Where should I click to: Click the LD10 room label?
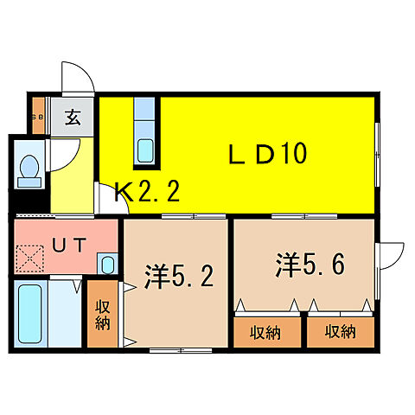coord(268,155)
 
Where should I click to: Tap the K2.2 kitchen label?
coord(148,192)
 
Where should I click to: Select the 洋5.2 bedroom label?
coord(178,278)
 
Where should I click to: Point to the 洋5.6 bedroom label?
coord(311,263)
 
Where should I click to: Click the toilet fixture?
coord(29,169)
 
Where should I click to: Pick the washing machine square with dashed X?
coord(33,259)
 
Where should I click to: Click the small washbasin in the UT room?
coord(107,264)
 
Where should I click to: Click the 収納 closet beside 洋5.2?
coord(102,316)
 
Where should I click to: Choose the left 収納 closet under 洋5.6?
coord(266,331)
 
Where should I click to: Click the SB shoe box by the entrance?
coord(38,118)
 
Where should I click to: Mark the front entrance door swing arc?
coord(75,80)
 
